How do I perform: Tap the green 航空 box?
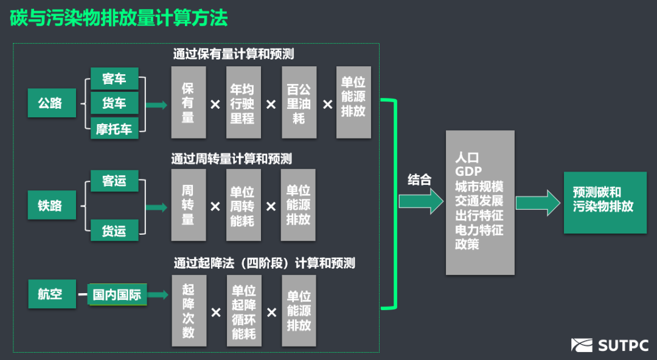(x=51, y=294)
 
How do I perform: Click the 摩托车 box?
(x=114, y=128)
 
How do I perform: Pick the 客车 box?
(x=114, y=78)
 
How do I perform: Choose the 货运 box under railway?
(x=114, y=230)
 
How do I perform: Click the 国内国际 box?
(x=117, y=295)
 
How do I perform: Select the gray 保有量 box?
(x=188, y=102)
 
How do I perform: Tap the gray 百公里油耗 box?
(x=299, y=103)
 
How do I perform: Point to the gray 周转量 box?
(x=188, y=205)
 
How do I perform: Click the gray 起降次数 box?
(x=188, y=311)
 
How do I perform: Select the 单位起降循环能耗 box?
(x=244, y=311)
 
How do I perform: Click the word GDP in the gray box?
(x=468, y=171)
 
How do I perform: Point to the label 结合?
(x=419, y=179)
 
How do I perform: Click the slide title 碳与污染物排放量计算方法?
(x=119, y=18)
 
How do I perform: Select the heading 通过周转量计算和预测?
(x=232, y=159)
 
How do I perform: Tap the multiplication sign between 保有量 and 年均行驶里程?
(x=215, y=105)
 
